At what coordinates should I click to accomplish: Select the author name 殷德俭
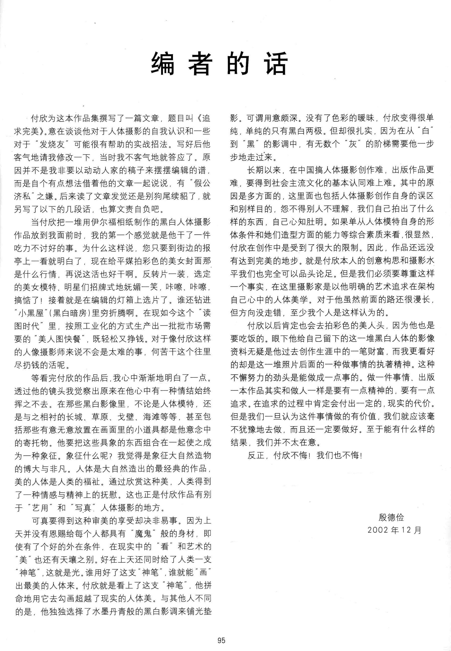(x=391, y=517)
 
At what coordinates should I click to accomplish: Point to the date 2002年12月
(x=394, y=530)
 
